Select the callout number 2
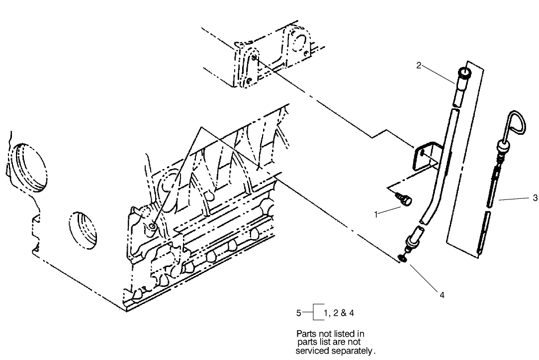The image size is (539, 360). point(419,65)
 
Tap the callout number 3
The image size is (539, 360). point(535,198)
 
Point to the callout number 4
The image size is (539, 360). point(442,294)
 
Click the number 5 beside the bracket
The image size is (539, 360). point(298,313)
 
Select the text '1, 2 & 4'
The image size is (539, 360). point(338,313)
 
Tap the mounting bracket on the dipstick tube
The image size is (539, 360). point(424,156)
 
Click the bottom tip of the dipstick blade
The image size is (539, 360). point(480,253)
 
